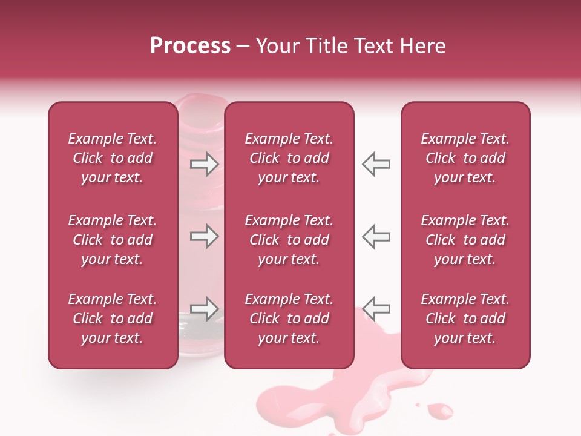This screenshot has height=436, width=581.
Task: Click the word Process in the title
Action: pos(190,46)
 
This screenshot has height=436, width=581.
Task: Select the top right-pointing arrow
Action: pos(204,163)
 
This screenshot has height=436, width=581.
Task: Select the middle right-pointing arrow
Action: pos(204,236)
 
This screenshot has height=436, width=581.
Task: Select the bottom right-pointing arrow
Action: pos(204,308)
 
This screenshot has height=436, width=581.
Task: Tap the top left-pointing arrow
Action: pos(376,163)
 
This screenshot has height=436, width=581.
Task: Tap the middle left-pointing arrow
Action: pos(376,236)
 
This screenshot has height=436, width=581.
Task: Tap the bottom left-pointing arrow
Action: pos(376,308)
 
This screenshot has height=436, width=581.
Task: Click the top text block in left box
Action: pos(113,158)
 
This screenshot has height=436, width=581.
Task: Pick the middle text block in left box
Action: pos(113,240)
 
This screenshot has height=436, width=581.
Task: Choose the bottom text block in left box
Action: pos(113,319)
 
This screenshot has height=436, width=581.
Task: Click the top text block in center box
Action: pos(289,158)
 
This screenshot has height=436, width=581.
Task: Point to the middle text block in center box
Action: pos(289,240)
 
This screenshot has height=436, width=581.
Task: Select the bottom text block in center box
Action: pos(289,319)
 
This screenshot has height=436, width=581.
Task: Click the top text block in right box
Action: pos(465,158)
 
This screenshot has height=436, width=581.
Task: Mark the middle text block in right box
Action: pos(465,240)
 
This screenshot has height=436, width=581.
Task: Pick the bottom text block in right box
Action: pos(465,319)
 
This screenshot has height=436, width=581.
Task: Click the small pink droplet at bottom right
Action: pos(440,411)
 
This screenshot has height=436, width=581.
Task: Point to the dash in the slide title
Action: pos(243,47)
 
